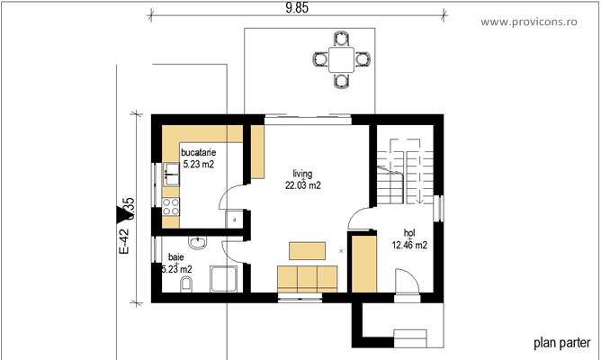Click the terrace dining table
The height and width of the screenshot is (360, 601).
(341, 60)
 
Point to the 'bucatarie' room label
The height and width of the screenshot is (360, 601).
(198, 153)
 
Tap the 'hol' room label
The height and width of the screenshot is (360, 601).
(409, 231)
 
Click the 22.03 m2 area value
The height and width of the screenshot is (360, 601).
(303, 184)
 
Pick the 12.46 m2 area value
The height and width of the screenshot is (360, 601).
(409, 243)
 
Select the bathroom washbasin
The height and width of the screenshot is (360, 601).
(198, 243)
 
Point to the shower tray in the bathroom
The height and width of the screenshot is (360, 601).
(223, 280)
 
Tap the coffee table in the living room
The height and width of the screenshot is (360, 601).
(307, 249)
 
